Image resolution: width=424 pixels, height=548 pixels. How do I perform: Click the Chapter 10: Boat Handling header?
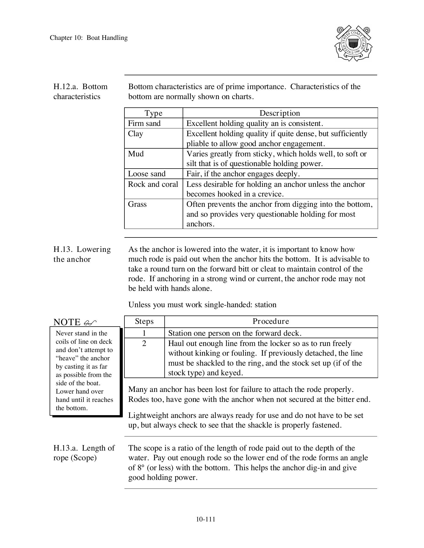[x=89, y=38]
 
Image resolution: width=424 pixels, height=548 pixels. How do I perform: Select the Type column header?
[x=154, y=113]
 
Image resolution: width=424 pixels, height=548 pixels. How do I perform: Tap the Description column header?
[x=280, y=113]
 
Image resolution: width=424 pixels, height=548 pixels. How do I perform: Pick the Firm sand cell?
[x=144, y=123]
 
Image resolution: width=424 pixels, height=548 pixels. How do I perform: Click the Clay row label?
[x=136, y=134]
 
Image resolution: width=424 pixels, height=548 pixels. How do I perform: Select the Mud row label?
[x=136, y=154]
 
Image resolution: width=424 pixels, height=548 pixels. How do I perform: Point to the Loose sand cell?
[x=147, y=174]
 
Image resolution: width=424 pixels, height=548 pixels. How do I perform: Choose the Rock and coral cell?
[x=153, y=184]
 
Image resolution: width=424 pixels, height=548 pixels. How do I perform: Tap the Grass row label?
[x=137, y=204]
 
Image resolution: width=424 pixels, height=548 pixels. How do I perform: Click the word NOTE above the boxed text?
[x=67, y=322]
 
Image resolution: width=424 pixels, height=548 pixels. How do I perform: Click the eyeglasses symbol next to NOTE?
[x=90, y=323]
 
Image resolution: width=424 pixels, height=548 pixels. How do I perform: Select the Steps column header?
[x=144, y=322]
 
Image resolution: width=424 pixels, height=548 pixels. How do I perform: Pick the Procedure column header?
[x=271, y=322]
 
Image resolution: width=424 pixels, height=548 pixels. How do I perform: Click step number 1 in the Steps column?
[x=144, y=333]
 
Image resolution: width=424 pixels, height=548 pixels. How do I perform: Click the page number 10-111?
[x=206, y=519]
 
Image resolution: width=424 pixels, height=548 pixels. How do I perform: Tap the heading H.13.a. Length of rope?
[x=84, y=453]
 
